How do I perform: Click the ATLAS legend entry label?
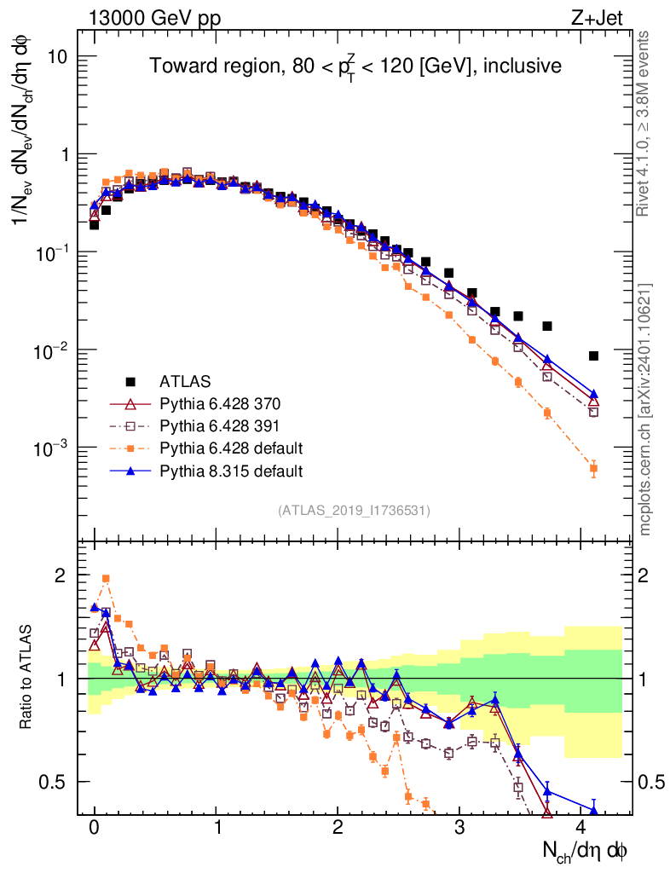click(185, 380)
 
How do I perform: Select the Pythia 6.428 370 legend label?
click(220, 403)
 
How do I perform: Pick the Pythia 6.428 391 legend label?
click(220, 425)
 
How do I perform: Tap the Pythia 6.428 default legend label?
click(231, 448)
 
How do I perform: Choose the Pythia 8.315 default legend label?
click(231, 471)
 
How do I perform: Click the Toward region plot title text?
click(355, 66)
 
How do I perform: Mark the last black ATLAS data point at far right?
click(593, 356)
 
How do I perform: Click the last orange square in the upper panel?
click(593, 468)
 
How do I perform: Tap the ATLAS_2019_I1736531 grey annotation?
click(353, 511)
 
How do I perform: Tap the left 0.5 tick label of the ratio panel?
click(55, 782)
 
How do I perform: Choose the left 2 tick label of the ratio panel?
click(61, 575)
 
